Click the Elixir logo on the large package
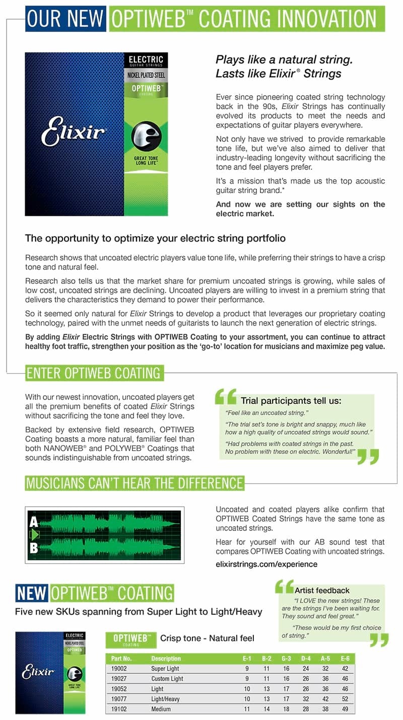pos(74,133)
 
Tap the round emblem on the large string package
pos(146,137)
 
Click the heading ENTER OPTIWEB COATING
pos(94,373)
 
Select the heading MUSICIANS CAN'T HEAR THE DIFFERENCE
pos(135,483)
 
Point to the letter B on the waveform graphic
pos(34,547)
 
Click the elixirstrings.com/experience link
pos(266,564)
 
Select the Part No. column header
pos(121,659)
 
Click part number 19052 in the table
pos(119,689)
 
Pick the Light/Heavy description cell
pos(165,699)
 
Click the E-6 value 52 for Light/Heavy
pos(345,699)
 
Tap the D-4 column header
pos(306,659)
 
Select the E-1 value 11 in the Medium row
pos(247,709)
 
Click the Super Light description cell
pos(165,669)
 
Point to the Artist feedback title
pos(322,590)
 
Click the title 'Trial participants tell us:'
pos(291,401)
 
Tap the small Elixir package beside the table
pos(50,672)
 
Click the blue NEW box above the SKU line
pos(32,593)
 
